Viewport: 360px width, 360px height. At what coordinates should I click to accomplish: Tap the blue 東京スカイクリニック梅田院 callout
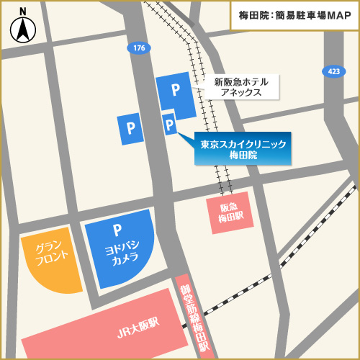pos(243,149)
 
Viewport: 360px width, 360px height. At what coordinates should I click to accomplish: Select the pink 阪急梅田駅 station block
pos(233,212)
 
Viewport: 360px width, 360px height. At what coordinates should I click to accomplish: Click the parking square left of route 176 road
pos(131,129)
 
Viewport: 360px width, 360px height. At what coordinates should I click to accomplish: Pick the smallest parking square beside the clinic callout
pos(170,125)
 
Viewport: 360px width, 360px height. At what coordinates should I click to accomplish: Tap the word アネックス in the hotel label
pos(236,93)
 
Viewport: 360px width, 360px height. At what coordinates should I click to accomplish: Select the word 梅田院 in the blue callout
pos(243,156)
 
